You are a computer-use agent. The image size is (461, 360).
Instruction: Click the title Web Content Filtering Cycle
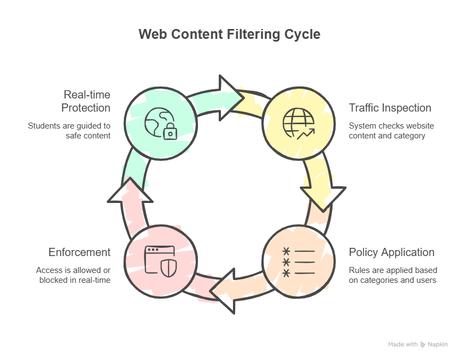coord(230,34)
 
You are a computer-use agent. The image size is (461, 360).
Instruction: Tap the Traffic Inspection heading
coord(390,108)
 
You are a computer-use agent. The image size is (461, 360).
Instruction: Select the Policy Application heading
coord(392,252)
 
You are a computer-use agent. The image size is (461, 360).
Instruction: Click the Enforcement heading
coord(79,252)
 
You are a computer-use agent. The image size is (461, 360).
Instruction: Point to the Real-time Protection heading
coord(86,101)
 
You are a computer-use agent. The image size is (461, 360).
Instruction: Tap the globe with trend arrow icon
coord(299,124)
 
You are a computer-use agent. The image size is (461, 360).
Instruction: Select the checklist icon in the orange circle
coord(299,262)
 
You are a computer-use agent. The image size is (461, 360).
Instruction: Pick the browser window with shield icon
coord(160,261)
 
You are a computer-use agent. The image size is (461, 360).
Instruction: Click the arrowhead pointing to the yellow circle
coord(230,94)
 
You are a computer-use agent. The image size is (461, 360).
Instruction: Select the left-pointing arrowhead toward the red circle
coord(224,295)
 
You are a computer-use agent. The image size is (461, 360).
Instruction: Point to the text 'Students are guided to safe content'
coord(69,130)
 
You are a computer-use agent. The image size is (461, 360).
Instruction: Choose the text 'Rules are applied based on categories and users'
coord(393,275)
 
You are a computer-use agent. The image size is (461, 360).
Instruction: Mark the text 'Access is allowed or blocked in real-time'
coord(73,275)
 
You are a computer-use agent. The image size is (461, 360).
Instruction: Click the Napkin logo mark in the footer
coord(423,345)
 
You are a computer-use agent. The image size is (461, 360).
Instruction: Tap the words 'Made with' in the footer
coord(403,345)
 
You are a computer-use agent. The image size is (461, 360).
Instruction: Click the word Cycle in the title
coord(302,34)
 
